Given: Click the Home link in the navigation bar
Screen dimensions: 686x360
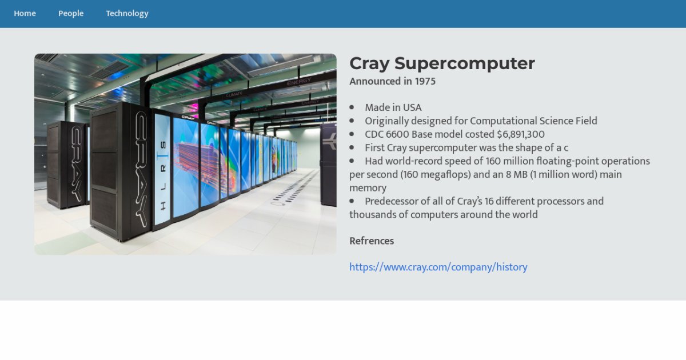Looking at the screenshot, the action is tap(25, 14).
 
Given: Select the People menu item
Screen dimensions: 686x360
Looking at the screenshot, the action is tap(71, 14).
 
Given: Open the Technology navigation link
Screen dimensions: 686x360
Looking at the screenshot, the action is tap(127, 14).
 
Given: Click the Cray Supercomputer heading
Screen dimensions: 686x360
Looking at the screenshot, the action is tap(442, 63).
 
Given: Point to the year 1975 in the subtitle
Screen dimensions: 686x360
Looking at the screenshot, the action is tap(425, 81).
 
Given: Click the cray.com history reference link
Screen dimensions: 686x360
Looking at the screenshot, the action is tap(438, 267).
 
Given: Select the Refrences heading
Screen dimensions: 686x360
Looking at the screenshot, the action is tap(372, 241).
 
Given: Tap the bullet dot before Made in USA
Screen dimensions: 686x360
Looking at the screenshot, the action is tap(352, 107).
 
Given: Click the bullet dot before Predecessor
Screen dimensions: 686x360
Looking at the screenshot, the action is tap(352, 201).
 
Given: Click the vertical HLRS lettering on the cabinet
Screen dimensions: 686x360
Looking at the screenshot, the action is tap(163, 176).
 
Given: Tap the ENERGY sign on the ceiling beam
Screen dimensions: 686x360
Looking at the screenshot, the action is tap(299, 81).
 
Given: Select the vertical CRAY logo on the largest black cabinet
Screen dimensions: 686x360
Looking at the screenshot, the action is tap(141, 169).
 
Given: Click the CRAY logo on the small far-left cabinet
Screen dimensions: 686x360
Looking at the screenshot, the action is tap(76, 164).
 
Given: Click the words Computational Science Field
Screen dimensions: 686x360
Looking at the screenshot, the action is tap(533, 121).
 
